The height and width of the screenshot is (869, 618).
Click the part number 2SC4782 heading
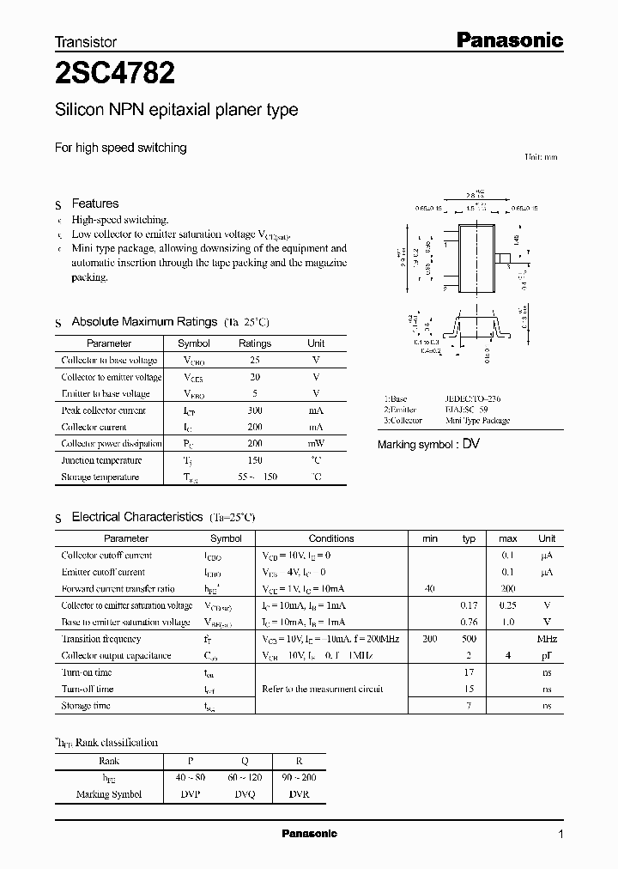point(115,74)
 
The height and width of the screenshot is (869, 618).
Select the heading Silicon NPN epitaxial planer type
point(176,110)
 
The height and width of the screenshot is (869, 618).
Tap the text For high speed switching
point(120,148)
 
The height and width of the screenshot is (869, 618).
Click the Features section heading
point(94,204)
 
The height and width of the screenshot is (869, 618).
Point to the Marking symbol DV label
point(428,445)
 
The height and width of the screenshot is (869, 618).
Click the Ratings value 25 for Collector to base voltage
point(254,361)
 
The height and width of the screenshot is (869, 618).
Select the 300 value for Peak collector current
point(254,410)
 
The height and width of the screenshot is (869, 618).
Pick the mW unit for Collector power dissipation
point(316,444)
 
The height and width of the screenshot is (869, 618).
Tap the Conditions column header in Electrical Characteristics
point(331,538)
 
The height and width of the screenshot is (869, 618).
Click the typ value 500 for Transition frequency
point(469,639)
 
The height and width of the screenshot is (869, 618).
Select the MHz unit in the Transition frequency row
point(547,639)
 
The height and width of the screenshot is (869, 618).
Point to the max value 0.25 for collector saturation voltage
point(508,605)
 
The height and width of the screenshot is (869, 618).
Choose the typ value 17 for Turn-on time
point(470,672)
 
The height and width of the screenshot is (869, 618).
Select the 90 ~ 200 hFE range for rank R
point(298,778)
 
